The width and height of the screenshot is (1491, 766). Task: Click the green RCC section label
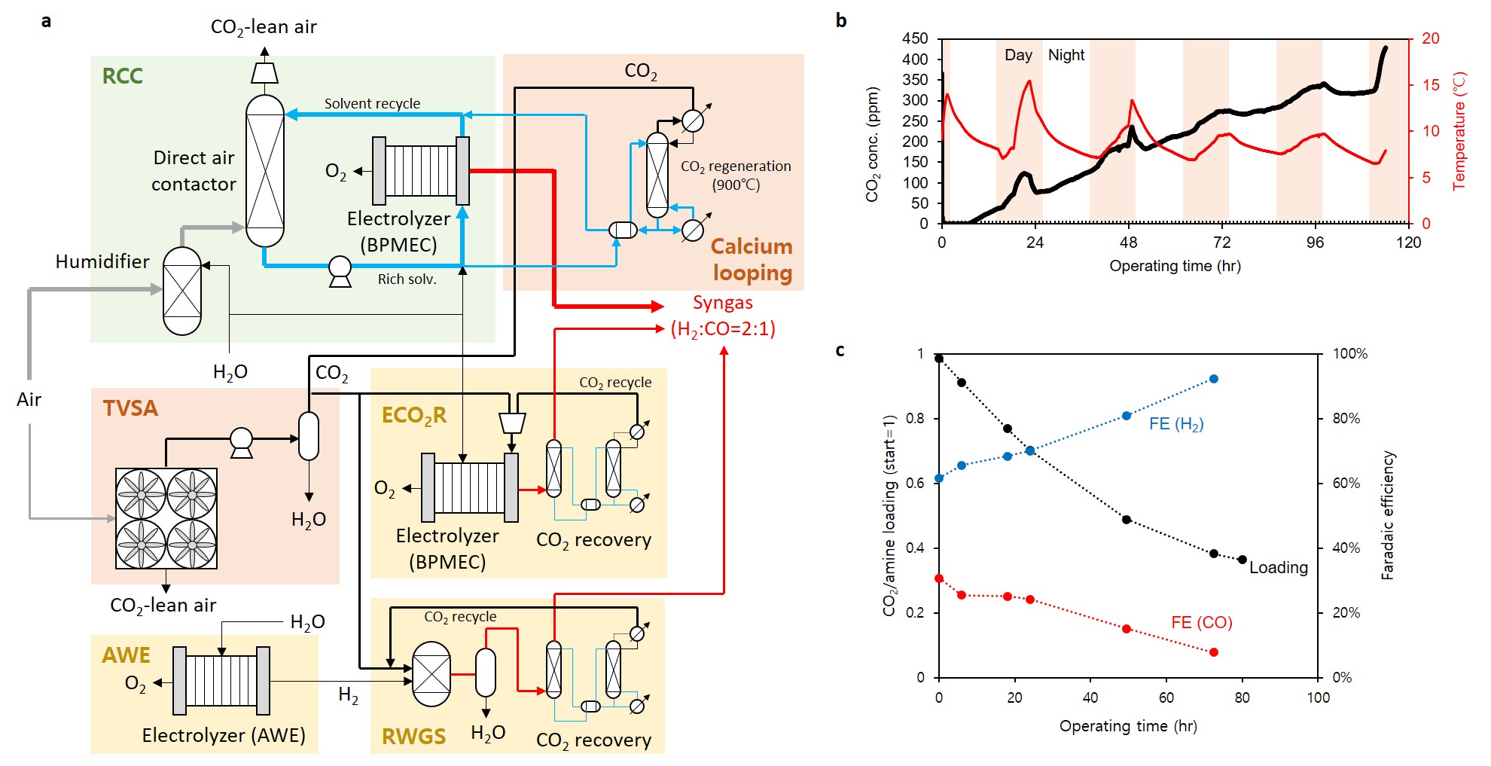click(x=122, y=76)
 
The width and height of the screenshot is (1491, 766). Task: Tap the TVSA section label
click(x=130, y=408)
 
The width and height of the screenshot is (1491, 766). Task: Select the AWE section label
click(x=126, y=655)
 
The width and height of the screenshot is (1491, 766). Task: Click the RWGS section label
click(x=413, y=737)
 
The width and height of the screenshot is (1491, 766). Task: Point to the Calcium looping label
click(x=752, y=260)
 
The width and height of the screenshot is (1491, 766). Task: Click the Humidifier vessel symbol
click(x=182, y=291)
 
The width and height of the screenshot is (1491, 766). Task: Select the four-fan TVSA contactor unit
click(x=166, y=518)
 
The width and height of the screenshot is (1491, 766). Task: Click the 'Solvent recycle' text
click(x=372, y=104)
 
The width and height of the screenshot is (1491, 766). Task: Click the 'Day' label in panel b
click(x=1018, y=55)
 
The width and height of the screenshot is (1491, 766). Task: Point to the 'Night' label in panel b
click(x=1066, y=55)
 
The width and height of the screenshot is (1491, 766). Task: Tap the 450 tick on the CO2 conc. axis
click(x=915, y=38)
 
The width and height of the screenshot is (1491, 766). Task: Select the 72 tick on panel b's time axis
click(x=1221, y=243)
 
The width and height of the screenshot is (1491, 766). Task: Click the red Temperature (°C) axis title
click(x=1459, y=131)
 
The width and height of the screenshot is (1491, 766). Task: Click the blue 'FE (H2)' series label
click(x=1176, y=424)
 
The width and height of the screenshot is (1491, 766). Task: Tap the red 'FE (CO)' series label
click(x=1201, y=623)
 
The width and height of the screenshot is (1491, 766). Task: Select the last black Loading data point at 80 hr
click(x=1242, y=560)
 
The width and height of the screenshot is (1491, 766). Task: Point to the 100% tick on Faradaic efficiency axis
click(x=1350, y=354)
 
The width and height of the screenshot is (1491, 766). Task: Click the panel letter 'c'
click(x=840, y=350)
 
